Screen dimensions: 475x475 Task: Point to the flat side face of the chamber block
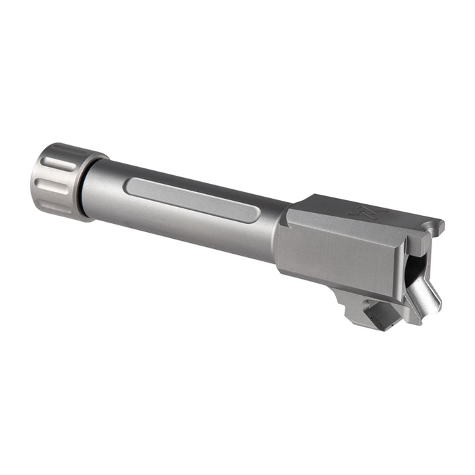click(332, 261)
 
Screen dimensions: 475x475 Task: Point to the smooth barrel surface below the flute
click(190, 227)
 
